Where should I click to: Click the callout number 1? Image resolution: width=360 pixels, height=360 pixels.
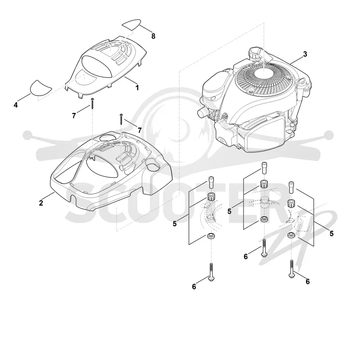click(137, 87)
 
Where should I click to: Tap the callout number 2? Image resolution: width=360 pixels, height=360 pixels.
click(41, 203)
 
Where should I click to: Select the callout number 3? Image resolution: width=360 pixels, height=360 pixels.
click(305, 54)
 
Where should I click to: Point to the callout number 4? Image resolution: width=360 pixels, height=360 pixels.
click(16, 105)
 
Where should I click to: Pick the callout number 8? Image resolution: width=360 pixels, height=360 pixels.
click(153, 36)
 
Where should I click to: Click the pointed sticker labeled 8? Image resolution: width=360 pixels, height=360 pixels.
click(131, 24)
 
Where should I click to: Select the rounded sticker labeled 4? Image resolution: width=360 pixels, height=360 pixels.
click(40, 88)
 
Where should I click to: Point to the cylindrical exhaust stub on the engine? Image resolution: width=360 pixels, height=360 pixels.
click(203, 112)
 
